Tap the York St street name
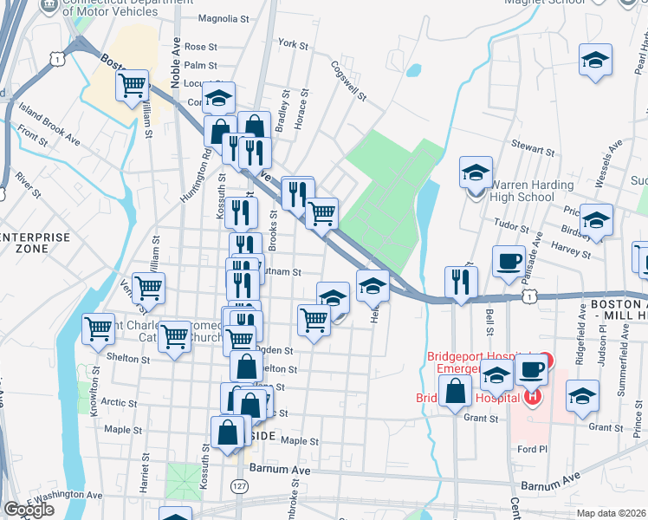[x=293, y=43]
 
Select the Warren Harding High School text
[x=521, y=191]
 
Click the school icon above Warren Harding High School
[x=476, y=172]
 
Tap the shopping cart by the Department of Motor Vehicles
[x=133, y=86]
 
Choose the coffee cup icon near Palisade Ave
[x=509, y=260]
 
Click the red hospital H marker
[x=532, y=398]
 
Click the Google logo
[x=29, y=510]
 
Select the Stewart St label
[x=532, y=150]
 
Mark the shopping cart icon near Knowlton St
[x=99, y=328]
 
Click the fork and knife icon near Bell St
[x=460, y=281]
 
